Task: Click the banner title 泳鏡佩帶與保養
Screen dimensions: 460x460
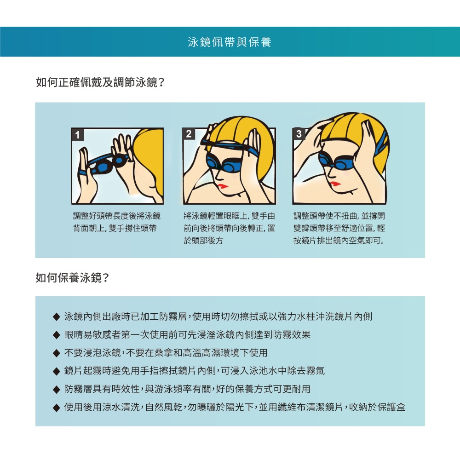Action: click(230, 42)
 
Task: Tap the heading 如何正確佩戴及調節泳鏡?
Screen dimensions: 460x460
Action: click(100, 82)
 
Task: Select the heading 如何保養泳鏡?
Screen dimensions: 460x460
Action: click(72, 277)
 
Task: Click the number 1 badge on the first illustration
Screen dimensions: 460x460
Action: click(78, 135)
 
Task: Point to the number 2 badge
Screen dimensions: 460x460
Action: click(189, 134)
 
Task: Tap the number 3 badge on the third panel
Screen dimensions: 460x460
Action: click(299, 134)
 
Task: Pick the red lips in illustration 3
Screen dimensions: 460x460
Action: click(335, 184)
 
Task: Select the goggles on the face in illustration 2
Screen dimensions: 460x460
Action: click(223, 164)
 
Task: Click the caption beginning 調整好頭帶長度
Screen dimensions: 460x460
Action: click(117, 222)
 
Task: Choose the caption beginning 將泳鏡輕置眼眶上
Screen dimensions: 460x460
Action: click(230, 228)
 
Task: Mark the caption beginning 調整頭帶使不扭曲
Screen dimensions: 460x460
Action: click(339, 228)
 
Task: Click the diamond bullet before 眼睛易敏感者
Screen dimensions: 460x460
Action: click(56, 335)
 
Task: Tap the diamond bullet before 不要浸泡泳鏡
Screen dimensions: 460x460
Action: click(56, 353)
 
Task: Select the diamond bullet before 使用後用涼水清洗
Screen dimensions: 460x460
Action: click(56, 408)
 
